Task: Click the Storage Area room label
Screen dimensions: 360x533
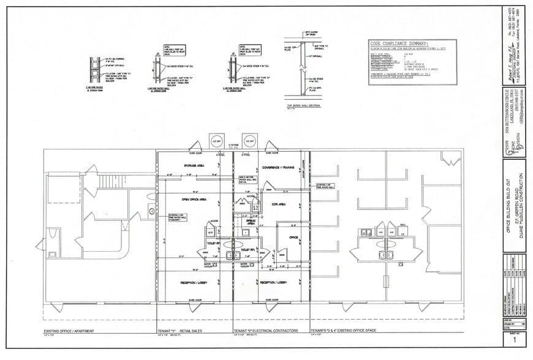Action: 194,165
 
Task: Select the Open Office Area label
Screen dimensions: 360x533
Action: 194,198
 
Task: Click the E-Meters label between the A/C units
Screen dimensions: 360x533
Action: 233,145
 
